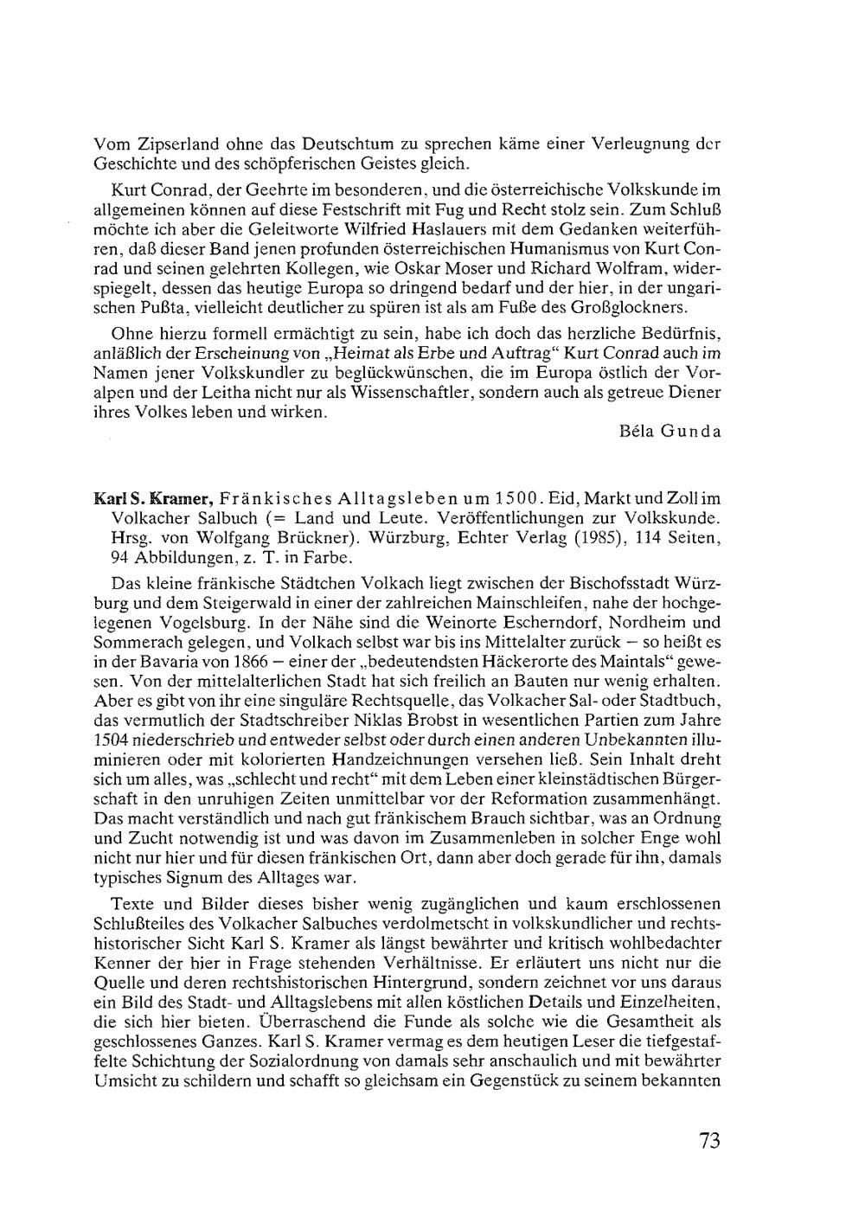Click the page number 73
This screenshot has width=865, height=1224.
click(x=709, y=1140)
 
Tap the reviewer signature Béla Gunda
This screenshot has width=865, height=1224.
click(x=670, y=430)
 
